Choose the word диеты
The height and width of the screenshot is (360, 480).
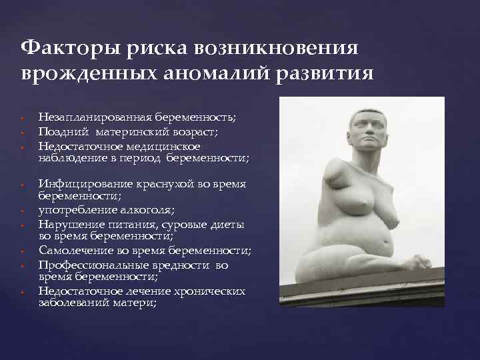[x=229, y=225]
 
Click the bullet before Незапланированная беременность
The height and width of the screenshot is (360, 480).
[x=23, y=119]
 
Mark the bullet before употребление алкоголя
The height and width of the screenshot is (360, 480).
[x=23, y=209]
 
